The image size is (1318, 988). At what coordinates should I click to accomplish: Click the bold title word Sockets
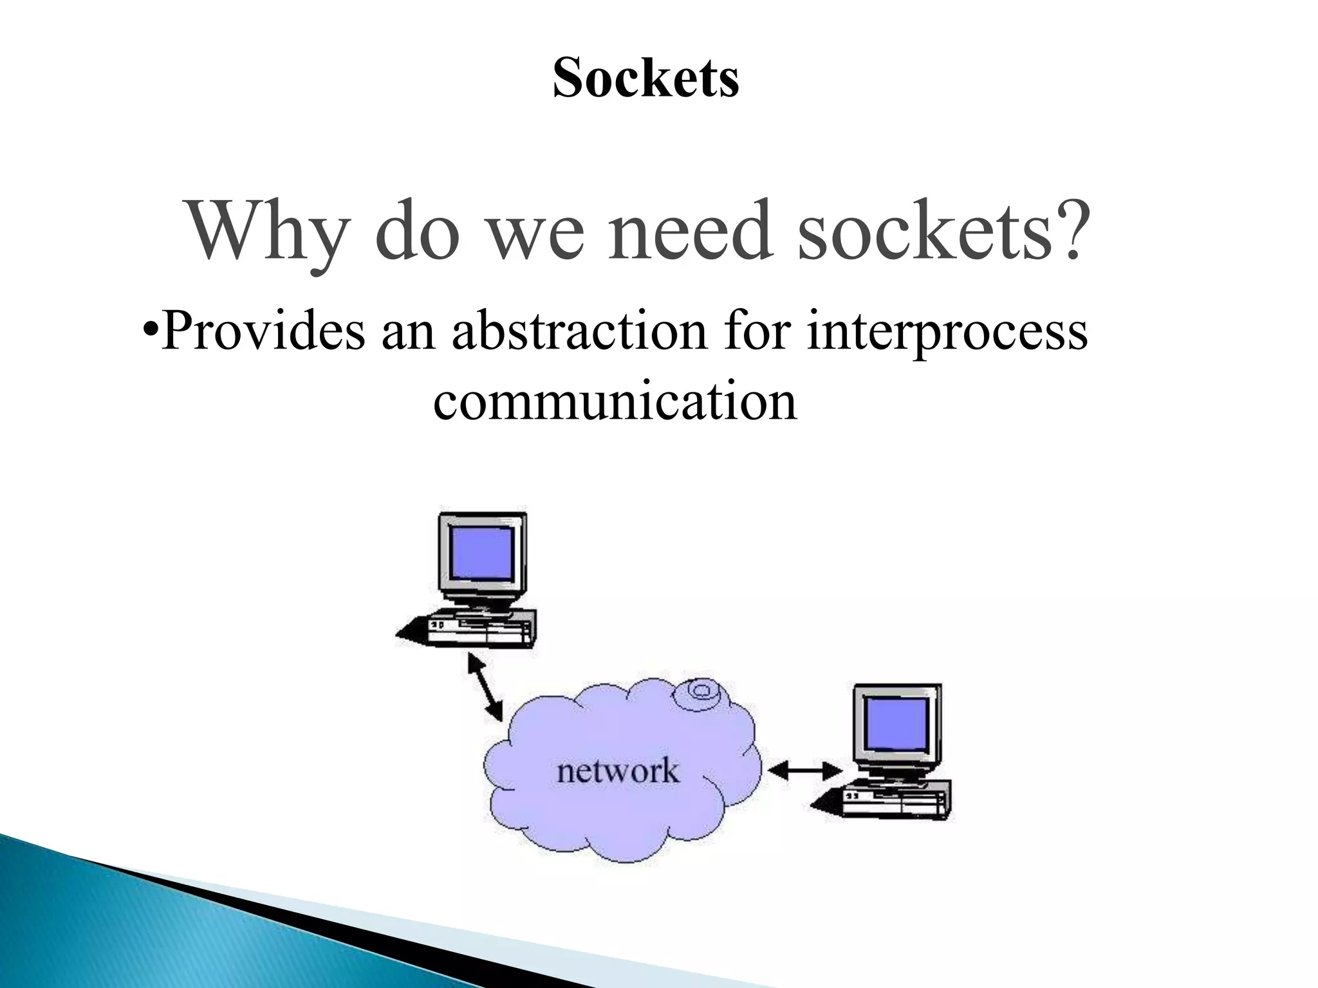[645, 78]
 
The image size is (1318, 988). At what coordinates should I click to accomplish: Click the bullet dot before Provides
[149, 333]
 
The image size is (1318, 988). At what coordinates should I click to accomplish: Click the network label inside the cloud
[617, 771]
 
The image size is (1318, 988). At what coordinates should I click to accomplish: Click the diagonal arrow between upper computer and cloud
[485, 687]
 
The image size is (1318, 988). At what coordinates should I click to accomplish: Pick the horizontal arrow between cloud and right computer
[805, 770]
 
